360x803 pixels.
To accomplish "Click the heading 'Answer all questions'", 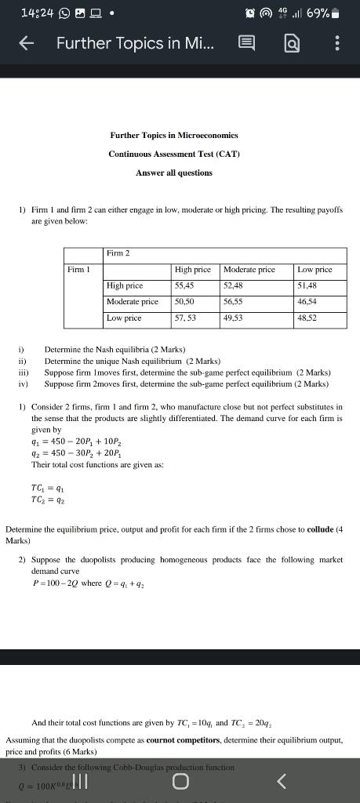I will (173, 173).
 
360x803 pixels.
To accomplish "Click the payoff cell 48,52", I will (307, 318).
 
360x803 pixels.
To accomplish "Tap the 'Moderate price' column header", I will (249, 270).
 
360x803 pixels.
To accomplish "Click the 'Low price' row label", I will (124, 318).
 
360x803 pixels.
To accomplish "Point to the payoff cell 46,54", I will (307, 302).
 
